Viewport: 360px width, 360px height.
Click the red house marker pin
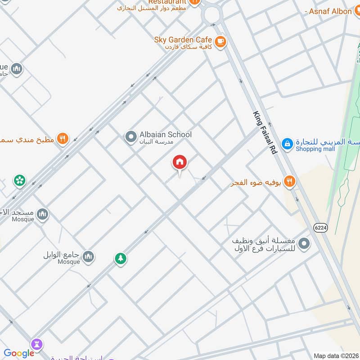coord(180,162)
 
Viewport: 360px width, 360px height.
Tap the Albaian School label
coord(165,135)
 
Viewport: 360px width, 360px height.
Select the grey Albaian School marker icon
coord(130,136)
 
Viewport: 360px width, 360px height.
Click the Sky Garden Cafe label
coord(183,40)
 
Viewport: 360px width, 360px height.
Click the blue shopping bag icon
coord(287,144)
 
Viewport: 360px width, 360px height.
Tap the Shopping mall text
coord(315,149)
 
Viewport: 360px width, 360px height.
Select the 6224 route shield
coord(321,228)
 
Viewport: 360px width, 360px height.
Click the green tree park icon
coord(120,259)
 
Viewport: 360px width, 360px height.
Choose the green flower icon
coord(20,181)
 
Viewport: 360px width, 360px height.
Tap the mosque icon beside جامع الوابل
coord(88,256)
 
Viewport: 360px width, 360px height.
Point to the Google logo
coord(19,353)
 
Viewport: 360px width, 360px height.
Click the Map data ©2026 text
coord(336,356)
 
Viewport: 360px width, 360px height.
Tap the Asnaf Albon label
coord(330,11)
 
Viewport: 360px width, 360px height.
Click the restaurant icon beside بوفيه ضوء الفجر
coord(290,182)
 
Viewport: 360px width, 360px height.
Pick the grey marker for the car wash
coord(305,244)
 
